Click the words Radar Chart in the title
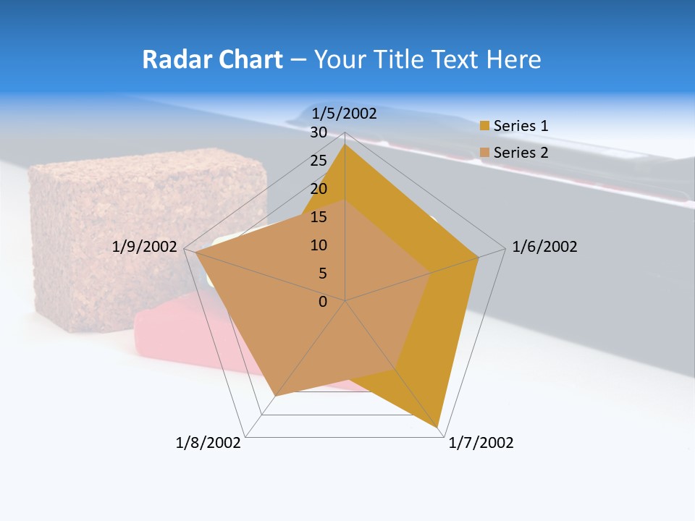pos(212,59)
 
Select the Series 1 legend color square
pos(484,126)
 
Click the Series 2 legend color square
pos(484,153)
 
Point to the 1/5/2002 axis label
pos(344,113)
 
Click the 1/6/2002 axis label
pos(544,247)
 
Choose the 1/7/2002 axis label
pos(481,443)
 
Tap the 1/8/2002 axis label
pos(208,443)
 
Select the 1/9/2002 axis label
pos(145,247)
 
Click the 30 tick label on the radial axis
pos(319,132)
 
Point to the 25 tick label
pos(319,161)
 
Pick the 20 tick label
pos(319,189)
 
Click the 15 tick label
pos(319,217)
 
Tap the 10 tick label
pos(319,245)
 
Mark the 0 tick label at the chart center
pos(323,302)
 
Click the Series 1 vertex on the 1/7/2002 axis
pos(438,428)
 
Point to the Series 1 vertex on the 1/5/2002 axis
pos(345,144)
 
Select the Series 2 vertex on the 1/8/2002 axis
pos(275,396)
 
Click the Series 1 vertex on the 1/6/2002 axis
pos(479,257)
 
